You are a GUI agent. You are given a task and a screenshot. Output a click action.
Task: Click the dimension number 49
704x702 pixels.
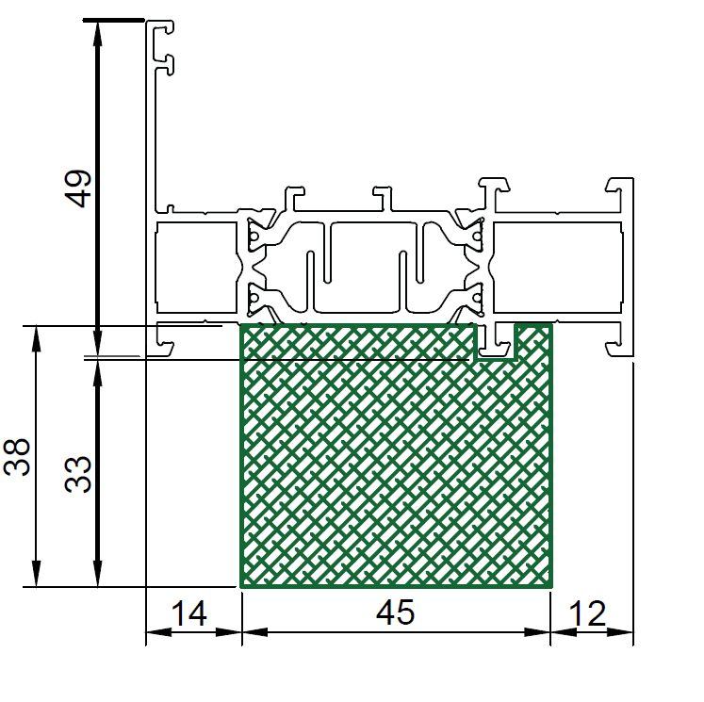pos(78,188)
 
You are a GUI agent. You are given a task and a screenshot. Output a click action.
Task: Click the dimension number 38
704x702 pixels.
pos(17,456)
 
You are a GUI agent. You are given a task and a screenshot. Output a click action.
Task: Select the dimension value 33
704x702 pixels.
pos(78,474)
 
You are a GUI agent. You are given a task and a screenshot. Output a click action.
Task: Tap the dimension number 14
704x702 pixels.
pos(189,613)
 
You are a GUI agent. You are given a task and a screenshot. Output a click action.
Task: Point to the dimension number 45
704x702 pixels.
pos(395,612)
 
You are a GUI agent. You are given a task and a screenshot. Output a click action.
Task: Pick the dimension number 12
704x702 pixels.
pos(587,613)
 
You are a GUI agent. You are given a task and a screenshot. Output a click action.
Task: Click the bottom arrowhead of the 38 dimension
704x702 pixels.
pos(37,573)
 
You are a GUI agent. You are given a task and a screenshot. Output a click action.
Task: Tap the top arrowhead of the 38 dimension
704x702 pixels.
pos(37,339)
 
